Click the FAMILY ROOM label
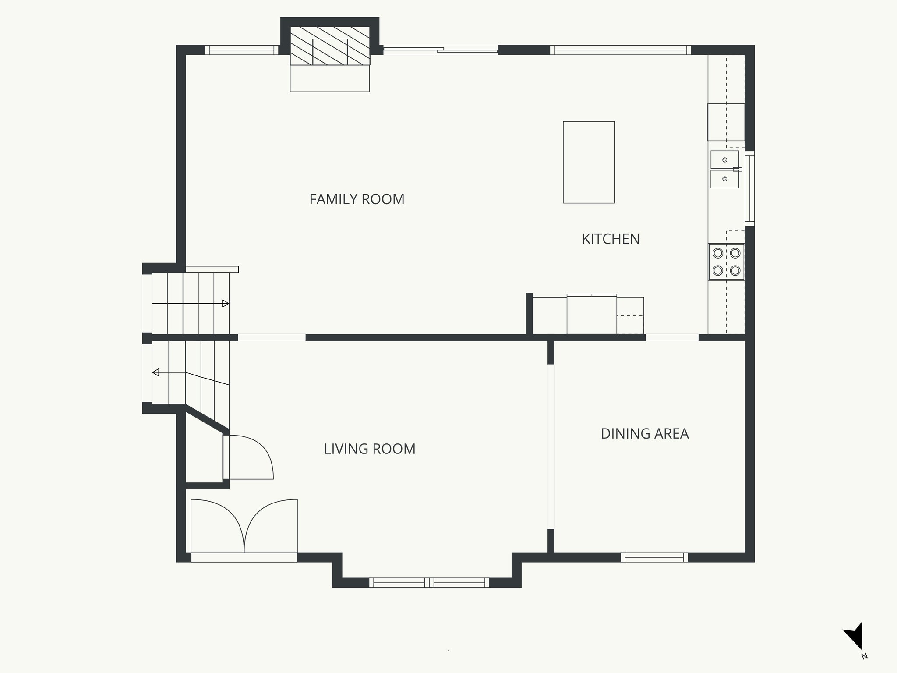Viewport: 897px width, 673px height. click(357, 199)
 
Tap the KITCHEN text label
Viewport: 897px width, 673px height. click(611, 239)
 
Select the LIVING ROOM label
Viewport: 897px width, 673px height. click(369, 449)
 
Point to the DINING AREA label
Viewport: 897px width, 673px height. click(644, 434)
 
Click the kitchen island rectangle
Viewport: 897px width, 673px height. click(589, 162)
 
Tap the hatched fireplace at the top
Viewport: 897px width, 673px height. click(330, 46)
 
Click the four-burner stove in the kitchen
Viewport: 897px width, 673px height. click(726, 262)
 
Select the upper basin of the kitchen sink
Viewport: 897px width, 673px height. click(724, 159)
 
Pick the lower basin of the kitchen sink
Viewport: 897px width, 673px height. click(724, 179)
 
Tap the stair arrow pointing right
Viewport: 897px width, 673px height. click(225, 303)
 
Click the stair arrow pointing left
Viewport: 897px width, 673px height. click(156, 372)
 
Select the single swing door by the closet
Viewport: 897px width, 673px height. click(250, 458)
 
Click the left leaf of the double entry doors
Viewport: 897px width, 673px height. click(217, 526)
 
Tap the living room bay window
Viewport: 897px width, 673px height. click(429, 582)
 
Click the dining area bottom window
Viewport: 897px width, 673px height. click(654, 557)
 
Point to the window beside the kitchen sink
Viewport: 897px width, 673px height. click(750, 188)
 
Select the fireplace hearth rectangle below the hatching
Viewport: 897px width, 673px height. click(330, 78)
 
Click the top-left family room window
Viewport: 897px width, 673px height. click(241, 50)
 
